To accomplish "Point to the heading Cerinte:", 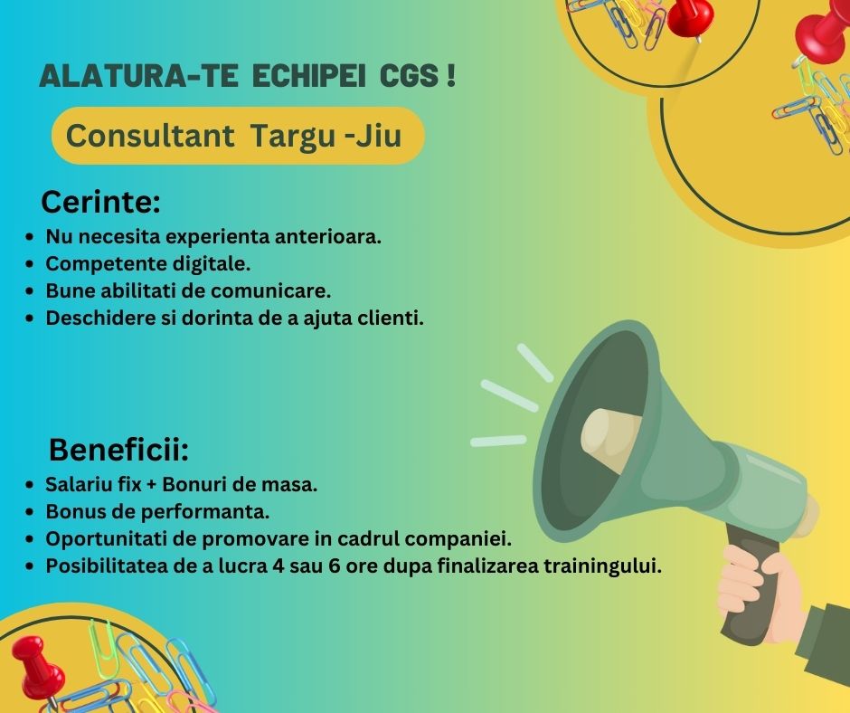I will pos(100,201).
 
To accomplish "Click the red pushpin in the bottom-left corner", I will pos(36,664).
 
